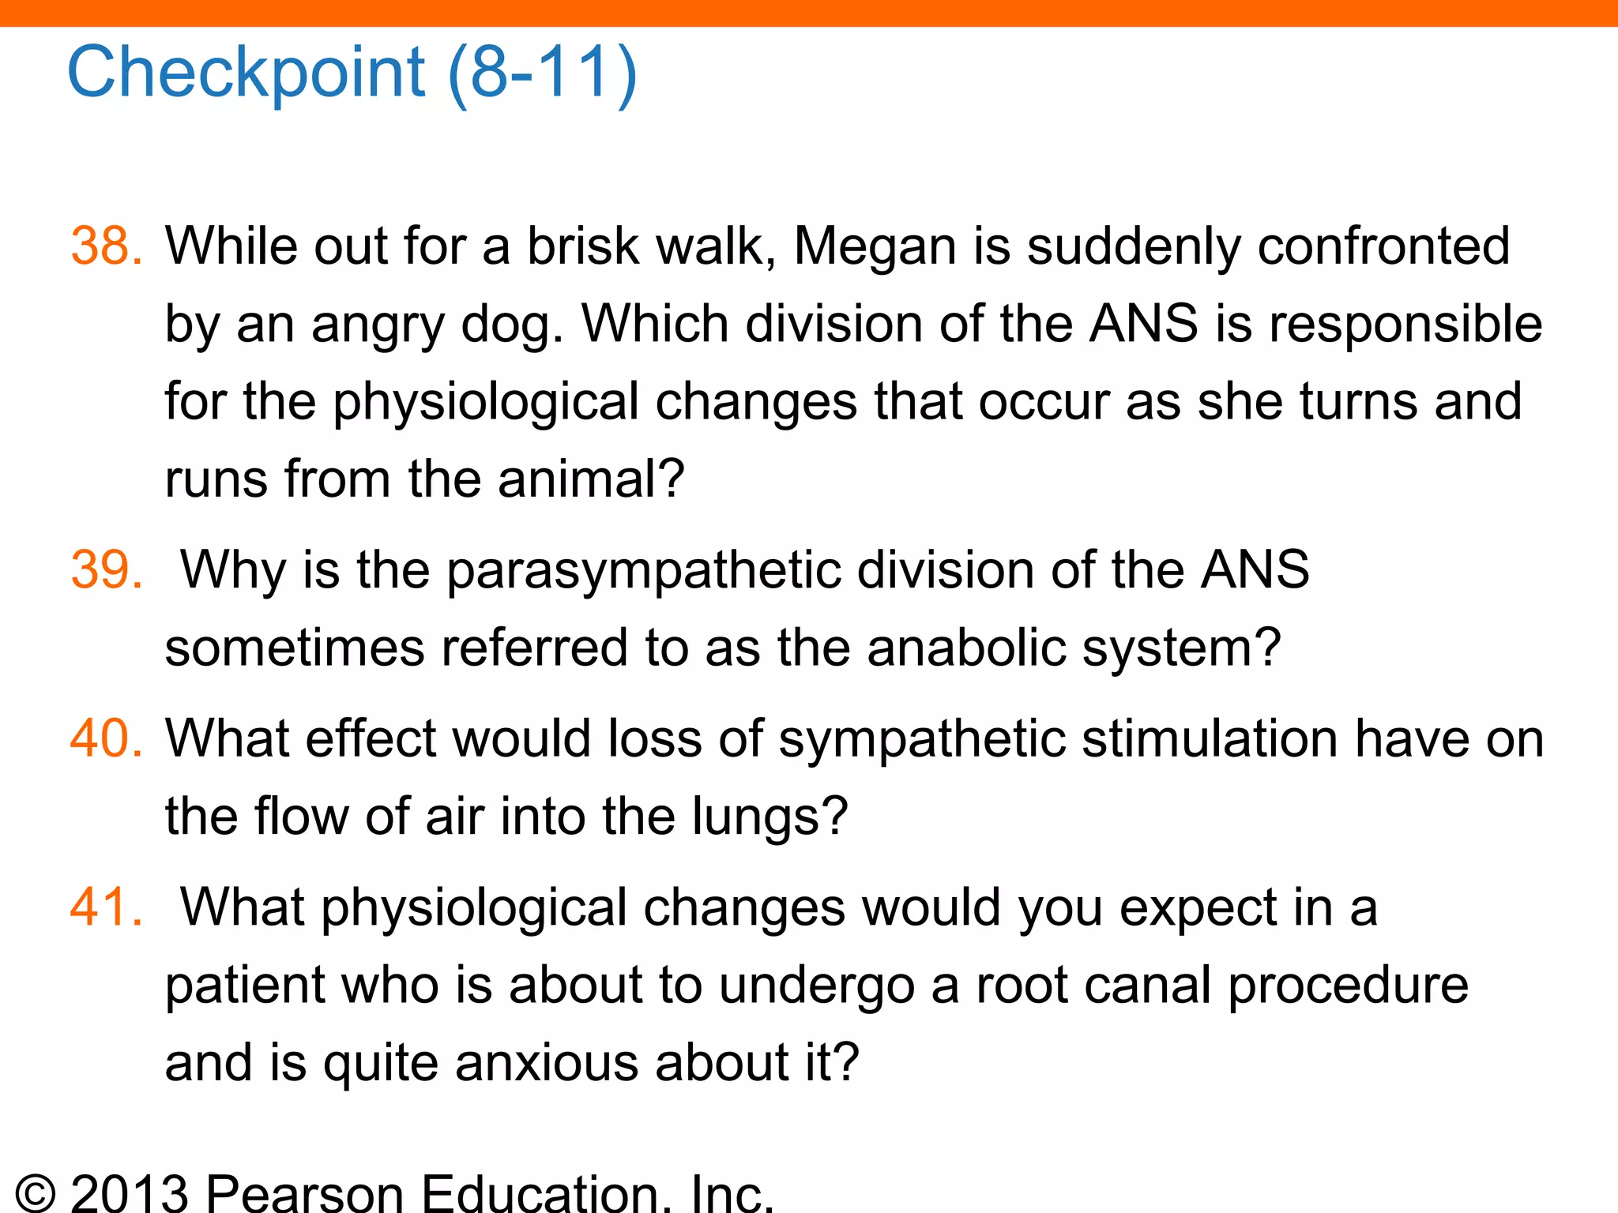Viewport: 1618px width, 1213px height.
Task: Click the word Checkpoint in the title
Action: click(x=246, y=73)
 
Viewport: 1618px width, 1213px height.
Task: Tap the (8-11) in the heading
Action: click(x=542, y=73)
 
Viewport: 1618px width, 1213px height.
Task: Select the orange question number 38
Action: click(x=107, y=246)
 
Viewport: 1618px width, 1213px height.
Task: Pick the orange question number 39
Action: click(x=107, y=569)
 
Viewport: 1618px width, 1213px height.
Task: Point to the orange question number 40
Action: click(x=107, y=738)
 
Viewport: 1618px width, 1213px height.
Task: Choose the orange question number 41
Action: click(x=107, y=907)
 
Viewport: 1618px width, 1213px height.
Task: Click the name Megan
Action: click(x=875, y=247)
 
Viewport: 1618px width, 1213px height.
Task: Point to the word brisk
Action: click(x=583, y=246)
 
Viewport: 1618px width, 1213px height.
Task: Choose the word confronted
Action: click(x=1383, y=246)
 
